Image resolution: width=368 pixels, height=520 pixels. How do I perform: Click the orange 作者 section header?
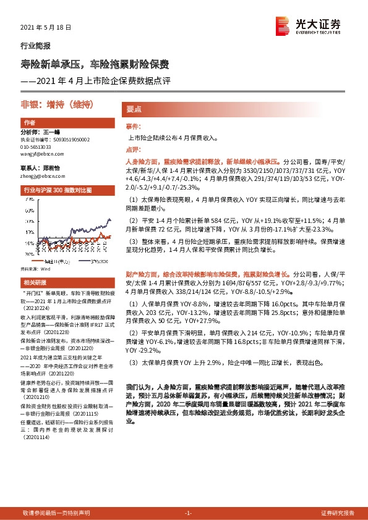coord(28,123)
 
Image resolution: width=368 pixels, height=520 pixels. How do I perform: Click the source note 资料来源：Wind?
coord(34,269)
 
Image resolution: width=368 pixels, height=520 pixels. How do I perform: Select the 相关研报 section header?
coord(32,281)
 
